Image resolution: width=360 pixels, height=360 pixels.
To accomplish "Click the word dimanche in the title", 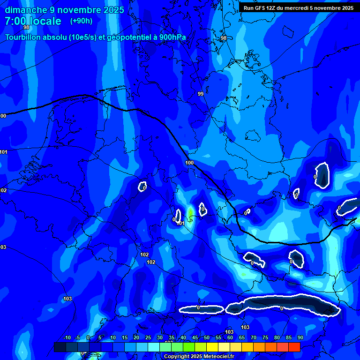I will pyautogui.click(x=25, y=10).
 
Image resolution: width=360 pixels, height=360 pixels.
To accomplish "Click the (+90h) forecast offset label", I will pyautogui.click(x=81, y=21).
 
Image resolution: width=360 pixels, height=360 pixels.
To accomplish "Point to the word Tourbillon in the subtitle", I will pyautogui.click(x=24, y=37).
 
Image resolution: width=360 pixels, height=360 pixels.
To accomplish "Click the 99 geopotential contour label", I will pyautogui.click(x=201, y=94).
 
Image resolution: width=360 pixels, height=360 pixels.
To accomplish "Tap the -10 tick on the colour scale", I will pyautogui.click(x=67, y=338).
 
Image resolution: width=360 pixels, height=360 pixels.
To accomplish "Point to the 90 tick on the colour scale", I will pyautogui.click(x=300, y=338).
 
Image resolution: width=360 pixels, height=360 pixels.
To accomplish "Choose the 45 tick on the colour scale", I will pyautogui.click(x=195, y=338).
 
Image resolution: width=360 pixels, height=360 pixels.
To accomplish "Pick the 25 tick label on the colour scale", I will pyautogui.click(x=148, y=338).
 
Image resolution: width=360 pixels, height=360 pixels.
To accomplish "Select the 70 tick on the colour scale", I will pyautogui.click(x=253, y=338).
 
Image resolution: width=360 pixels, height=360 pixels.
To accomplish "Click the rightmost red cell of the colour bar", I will pyautogui.click(x=294, y=347).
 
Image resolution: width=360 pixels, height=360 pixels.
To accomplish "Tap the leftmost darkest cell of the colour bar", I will pyautogui.click(x=60, y=347).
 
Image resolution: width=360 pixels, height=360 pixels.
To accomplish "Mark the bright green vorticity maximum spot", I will pyautogui.click(x=190, y=214).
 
